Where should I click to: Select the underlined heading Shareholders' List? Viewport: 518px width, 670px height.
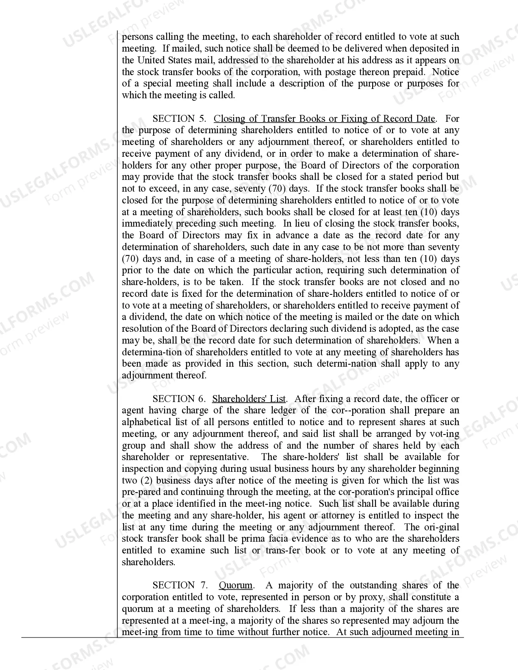tap(249, 399)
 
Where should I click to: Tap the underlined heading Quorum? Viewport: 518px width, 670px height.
tap(236, 586)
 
